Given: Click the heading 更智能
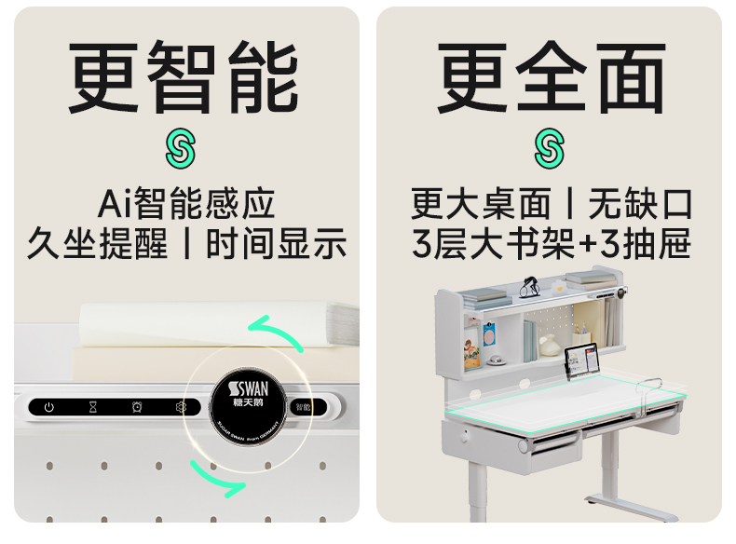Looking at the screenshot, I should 184,77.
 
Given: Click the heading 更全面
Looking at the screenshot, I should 551,77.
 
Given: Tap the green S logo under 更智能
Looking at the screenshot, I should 182,149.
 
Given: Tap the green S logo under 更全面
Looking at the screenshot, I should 550,149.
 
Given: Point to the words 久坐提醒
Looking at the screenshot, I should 97,244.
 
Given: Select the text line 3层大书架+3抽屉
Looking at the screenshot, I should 551,244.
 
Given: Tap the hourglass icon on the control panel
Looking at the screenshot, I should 92,407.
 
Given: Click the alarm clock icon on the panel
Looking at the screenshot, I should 137,407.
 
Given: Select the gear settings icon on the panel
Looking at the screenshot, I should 181,407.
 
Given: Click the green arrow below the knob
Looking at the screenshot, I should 218,475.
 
